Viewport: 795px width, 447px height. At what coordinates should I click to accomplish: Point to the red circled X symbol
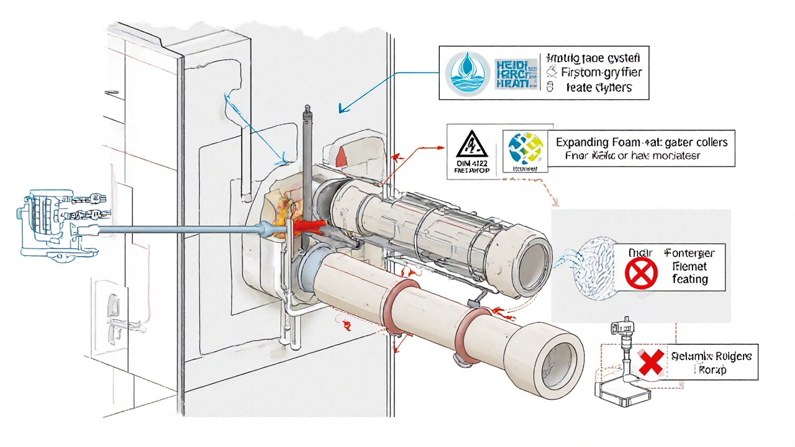point(641,273)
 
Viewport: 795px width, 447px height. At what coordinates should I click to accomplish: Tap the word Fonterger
point(689,253)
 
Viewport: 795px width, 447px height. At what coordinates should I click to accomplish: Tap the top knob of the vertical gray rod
point(306,112)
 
